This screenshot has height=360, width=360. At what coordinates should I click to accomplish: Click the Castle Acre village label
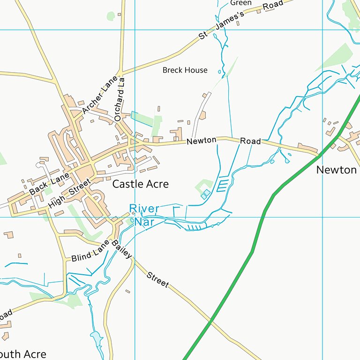coord(140,184)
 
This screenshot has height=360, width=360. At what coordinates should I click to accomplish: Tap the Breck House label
coord(185,70)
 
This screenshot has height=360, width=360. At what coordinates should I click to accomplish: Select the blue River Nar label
coord(144,215)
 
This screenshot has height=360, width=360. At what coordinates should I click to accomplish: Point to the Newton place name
coord(336,170)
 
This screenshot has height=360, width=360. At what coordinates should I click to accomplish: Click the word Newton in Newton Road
coord(201,140)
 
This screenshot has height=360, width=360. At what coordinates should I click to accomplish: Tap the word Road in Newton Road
coord(250,141)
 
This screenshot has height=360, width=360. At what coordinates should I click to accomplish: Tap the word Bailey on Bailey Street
coord(121,249)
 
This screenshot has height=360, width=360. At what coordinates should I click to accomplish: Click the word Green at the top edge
coord(240,3)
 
